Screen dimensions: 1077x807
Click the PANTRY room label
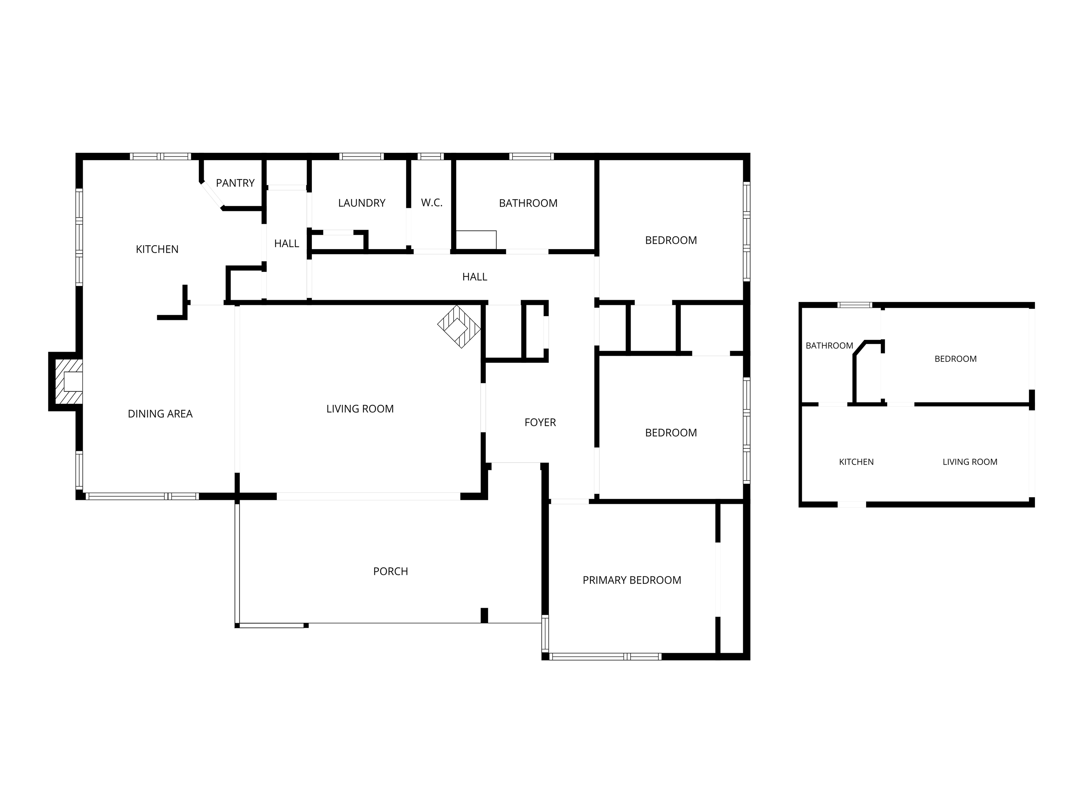[235, 183]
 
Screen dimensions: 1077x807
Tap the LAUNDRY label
[362, 203]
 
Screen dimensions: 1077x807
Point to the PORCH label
[390, 571]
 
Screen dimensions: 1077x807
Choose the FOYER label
[540, 422]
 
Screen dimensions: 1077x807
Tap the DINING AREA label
[160, 413]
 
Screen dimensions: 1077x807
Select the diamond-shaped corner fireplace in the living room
[459, 326]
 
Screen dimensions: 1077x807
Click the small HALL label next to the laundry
[286, 243]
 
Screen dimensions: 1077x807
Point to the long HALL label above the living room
[475, 277]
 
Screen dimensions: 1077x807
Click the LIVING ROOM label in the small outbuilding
[970, 462]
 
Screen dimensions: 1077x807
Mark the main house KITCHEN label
[157, 249]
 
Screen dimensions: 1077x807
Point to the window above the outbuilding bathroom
[855, 305]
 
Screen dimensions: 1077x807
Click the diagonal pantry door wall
[212, 194]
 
